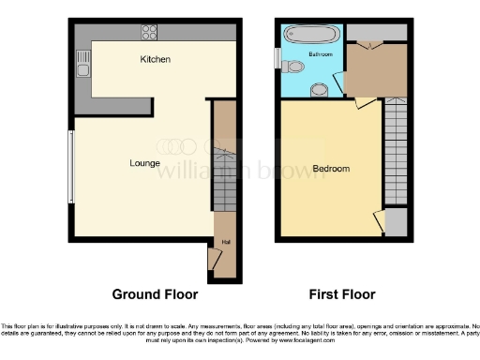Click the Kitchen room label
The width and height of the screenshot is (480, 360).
pos(155,60)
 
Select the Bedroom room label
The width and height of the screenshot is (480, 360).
pos(331,169)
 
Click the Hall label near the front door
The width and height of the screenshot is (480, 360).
pos(225,242)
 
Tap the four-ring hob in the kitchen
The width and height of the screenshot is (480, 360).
pos(149,33)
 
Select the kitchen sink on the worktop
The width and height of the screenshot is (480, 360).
pos(83,65)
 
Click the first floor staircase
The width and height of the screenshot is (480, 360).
pos(396,150)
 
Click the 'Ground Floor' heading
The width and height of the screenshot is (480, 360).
pos(156,294)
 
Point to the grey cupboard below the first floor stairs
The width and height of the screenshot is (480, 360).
pos(397,223)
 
